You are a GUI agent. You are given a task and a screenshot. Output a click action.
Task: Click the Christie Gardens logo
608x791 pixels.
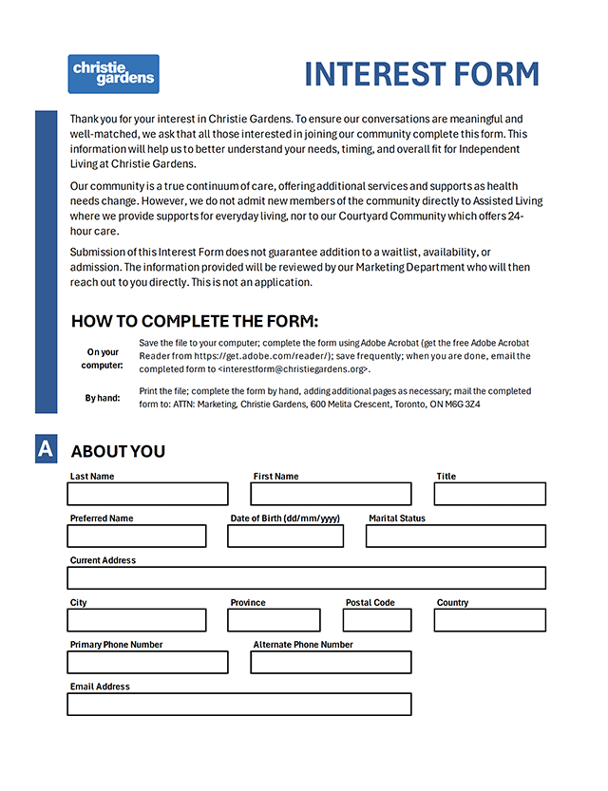tap(113, 74)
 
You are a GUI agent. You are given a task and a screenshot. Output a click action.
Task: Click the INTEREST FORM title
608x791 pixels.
tap(422, 75)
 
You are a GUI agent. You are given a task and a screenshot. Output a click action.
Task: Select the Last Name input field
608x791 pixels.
tap(147, 494)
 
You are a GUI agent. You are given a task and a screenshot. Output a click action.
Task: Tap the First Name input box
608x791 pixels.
tap(331, 494)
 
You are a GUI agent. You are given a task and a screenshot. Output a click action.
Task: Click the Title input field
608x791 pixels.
tap(489, 494)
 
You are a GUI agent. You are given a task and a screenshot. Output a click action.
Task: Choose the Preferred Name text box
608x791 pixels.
tap(136, 536)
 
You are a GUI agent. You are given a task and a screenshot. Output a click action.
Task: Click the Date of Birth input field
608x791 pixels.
tap(285, 536)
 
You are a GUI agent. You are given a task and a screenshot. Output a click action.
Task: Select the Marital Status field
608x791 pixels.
tap(455, 536)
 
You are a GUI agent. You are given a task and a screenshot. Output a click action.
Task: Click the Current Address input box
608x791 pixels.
tap(306, 577)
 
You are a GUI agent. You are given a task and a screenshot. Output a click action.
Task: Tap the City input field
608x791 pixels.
tap(136, 620)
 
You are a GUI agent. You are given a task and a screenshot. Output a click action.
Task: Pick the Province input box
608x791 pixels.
tap(274, 620)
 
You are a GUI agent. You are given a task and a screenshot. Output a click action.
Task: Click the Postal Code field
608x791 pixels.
tap(377, 620)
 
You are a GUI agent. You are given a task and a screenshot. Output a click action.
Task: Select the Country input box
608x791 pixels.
tap(489, 620)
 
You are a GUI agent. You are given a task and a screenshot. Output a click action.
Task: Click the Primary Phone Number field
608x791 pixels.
tap(147, 662)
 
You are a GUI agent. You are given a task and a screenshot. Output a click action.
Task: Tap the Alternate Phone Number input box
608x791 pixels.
tap(331, 662)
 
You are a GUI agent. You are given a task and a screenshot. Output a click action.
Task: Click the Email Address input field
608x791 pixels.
tap(238, 704)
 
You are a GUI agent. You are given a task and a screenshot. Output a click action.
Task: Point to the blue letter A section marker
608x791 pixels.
tap(46, 449)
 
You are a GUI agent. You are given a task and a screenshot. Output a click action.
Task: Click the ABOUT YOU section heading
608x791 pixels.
tap(118, 451)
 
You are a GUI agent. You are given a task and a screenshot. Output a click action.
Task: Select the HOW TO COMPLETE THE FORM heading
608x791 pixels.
tap(195, 321)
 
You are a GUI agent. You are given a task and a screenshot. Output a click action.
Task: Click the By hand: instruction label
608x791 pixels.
tap(103, 398)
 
